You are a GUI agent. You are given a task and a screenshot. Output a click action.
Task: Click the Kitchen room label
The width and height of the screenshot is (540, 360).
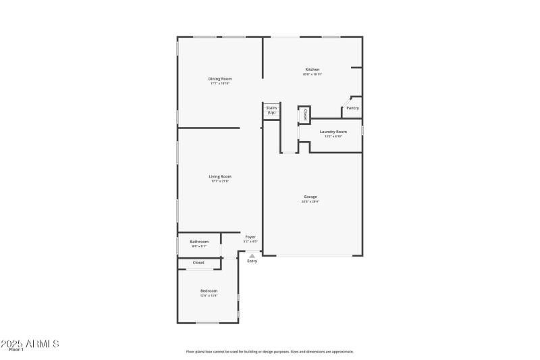[x=312, y=70]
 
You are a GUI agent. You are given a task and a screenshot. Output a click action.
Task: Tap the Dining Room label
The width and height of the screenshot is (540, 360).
[x=219, y=79]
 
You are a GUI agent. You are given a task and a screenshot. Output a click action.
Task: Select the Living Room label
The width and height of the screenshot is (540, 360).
[x=219, y=176]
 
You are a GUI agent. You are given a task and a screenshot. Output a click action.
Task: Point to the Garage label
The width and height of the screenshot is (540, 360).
[x=310, y=197]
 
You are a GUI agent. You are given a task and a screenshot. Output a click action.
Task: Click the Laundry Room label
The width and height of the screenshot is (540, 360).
[x=333, y=132]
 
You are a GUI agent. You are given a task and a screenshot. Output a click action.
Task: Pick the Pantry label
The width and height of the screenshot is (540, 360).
[x=352, y=108]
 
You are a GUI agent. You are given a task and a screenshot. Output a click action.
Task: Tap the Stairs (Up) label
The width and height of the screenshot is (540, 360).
[x=271, y=110]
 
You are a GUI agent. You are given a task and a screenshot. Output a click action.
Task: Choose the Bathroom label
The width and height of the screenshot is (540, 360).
[x=199, y=241]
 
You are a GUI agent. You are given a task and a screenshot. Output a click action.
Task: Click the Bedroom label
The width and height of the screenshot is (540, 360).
[x=209, y=290]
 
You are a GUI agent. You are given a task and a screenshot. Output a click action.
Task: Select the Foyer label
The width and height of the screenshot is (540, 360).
[x=250, y=236]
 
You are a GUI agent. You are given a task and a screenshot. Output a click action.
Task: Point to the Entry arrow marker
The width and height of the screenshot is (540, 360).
[x=252, y=256]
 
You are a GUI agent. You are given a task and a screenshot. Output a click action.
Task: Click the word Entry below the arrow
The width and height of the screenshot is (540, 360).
[x=252, y=261]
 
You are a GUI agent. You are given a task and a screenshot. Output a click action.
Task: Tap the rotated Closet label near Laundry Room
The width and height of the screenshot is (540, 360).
[x=305, y=115]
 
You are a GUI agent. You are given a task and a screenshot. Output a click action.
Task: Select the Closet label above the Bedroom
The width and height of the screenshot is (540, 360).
[x=199, y=262]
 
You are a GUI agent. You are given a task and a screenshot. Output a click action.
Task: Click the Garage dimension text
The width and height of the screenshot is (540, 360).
[x=310, y=201]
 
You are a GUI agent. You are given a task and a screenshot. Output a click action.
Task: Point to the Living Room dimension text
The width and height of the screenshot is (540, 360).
[x=219, y=181]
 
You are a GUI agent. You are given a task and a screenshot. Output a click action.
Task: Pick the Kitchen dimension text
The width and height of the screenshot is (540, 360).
[x=312, y=74]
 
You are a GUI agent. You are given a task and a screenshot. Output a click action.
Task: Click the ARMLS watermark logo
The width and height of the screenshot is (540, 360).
[x=30, y=344]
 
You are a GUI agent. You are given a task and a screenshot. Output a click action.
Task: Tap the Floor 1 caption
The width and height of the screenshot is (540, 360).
[x=16, y=349]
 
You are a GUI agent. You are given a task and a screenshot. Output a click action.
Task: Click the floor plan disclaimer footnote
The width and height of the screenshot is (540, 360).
[x=269, y=351]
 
